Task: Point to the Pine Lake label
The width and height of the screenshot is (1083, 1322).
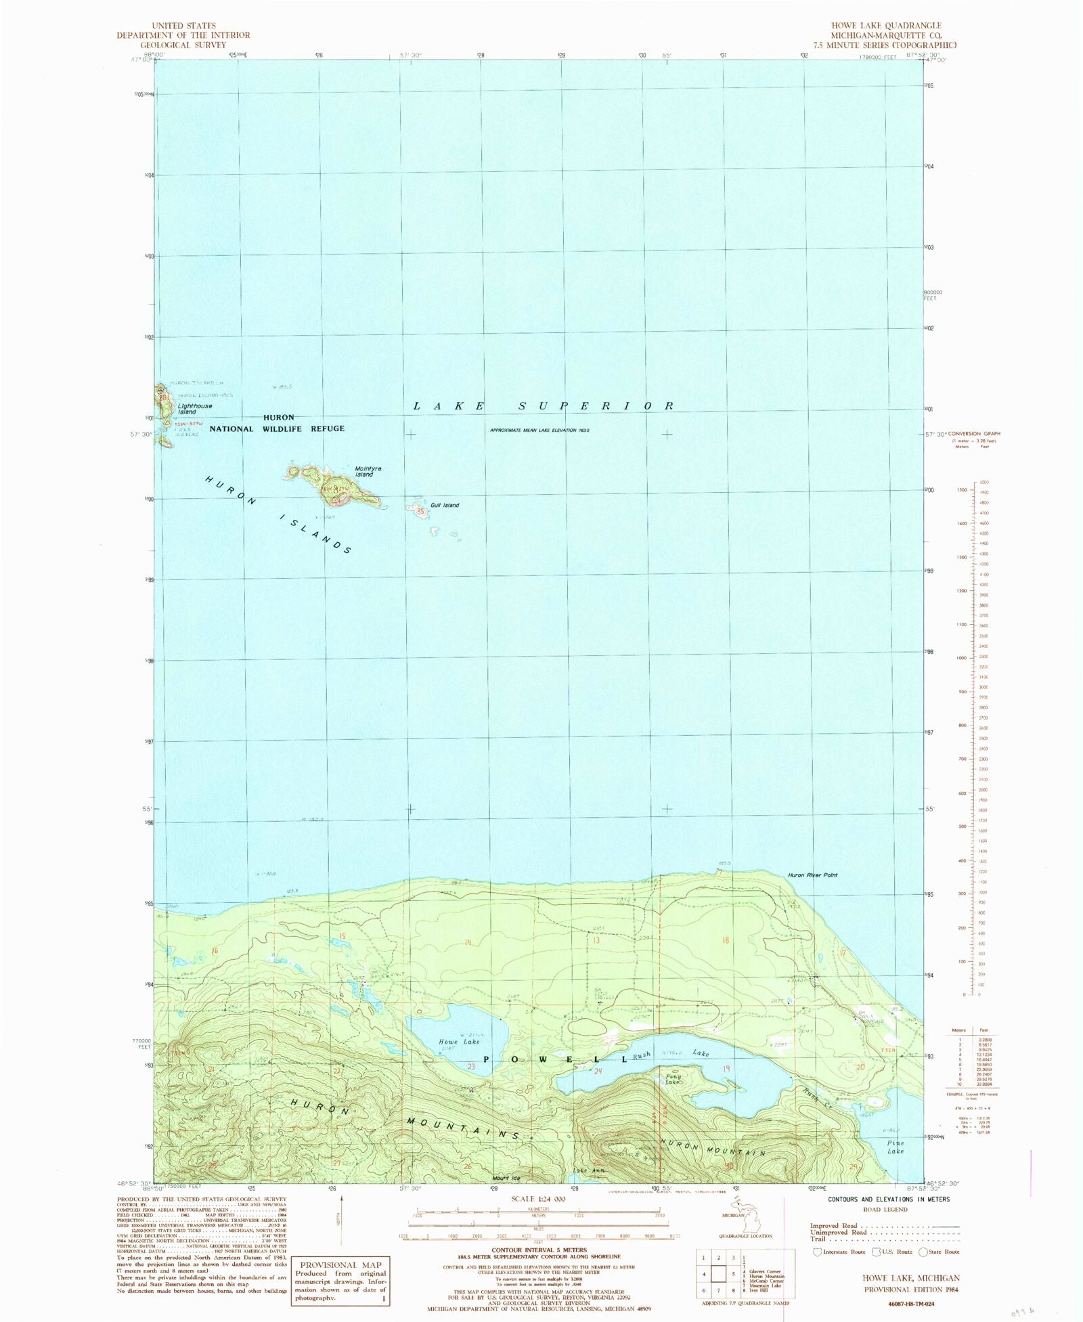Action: [x=895, y=1147]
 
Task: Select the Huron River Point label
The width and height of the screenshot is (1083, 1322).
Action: [x=812, y=875]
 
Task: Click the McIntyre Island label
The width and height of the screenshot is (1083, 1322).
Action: [x=364, y=471]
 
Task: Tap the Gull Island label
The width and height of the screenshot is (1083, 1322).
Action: [x=445, y=506]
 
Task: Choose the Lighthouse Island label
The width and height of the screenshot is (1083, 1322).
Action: [x=195, y=409]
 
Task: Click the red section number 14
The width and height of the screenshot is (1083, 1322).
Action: [x=467, y=942]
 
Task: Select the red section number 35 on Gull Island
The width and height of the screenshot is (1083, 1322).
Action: [x=421, y=512]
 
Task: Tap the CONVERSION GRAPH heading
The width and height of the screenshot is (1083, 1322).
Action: [x=974, y=433]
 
